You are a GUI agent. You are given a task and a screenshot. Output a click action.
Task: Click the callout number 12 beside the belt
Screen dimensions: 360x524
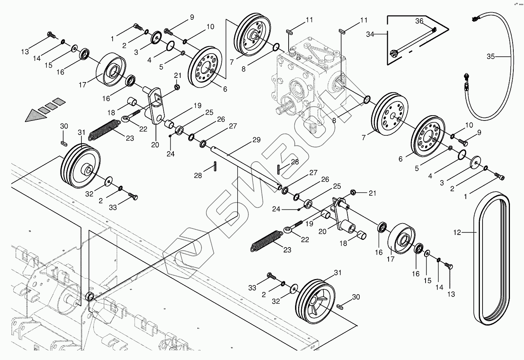tap(457, 232)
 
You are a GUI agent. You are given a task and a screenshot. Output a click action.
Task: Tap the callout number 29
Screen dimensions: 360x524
tap(256, 140)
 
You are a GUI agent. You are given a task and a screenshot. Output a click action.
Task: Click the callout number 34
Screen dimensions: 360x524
tap(370, 34)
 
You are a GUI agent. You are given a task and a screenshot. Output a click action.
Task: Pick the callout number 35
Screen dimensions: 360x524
tap(491, 57)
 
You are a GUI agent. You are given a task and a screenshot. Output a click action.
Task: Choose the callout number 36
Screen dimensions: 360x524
tap(419, 21)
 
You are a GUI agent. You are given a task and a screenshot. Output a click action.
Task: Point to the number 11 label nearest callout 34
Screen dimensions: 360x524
tap(364, 20)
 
